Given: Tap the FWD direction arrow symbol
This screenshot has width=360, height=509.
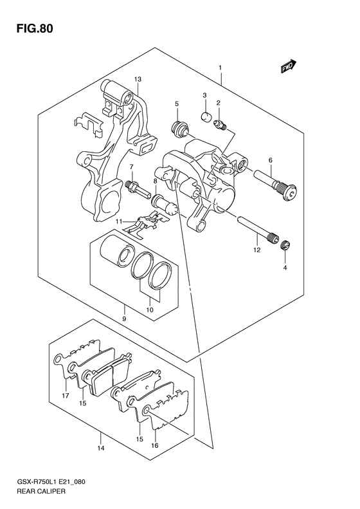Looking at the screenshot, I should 287,66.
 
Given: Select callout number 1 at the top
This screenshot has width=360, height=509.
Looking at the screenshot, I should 220,67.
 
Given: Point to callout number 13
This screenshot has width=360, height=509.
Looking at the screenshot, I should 137,79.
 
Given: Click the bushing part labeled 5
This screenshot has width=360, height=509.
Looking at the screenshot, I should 177,129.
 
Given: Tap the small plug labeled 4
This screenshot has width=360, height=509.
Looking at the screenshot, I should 287,245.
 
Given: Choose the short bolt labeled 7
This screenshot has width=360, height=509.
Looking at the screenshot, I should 136,188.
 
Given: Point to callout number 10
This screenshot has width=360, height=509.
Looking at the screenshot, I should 150,309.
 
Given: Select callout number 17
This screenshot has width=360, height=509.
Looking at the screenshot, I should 65,395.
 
